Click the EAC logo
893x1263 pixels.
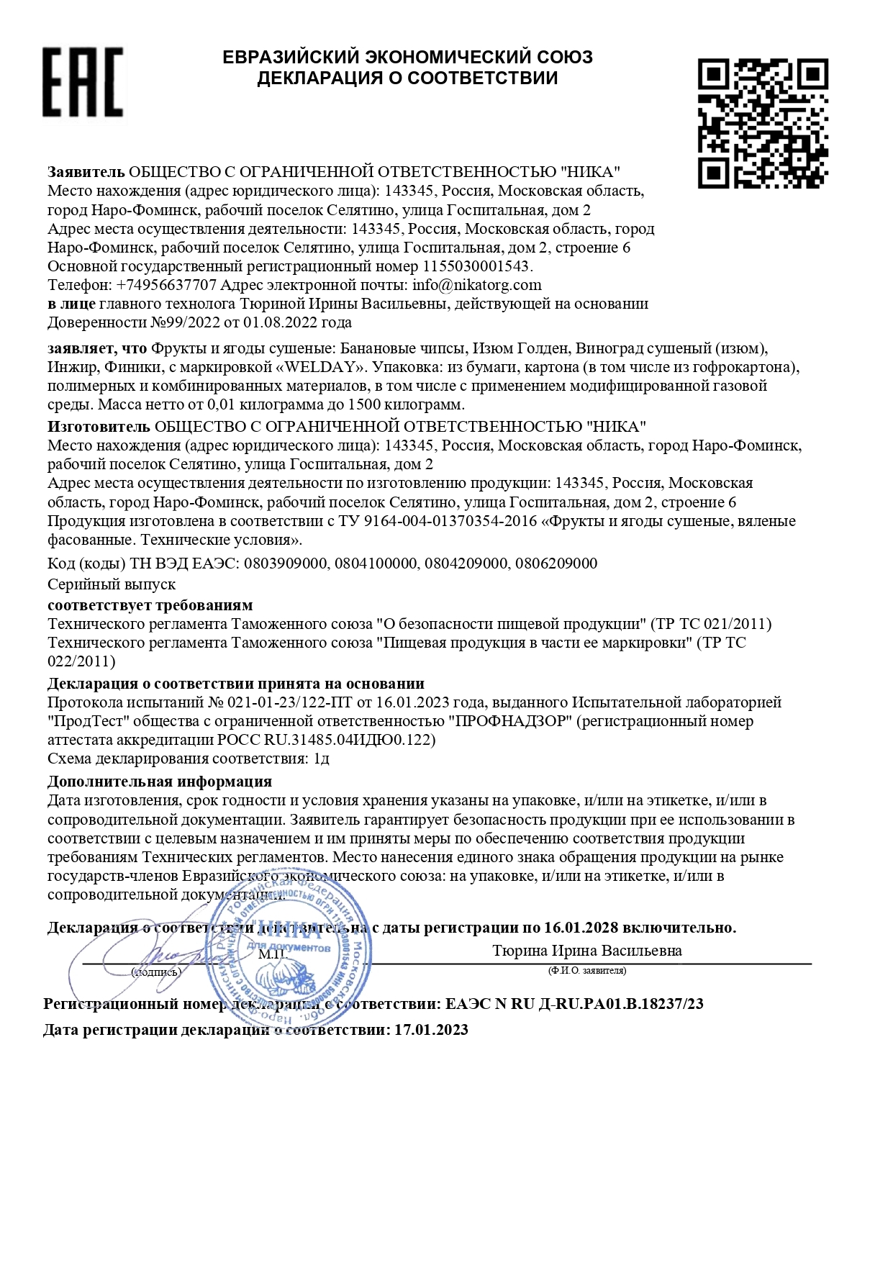click(82, 82)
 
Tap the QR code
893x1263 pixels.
click(762, 123)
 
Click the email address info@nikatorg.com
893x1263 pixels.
click(476, 285)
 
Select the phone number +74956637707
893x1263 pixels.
click(166, 285)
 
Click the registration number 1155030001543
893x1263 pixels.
click(476, 266)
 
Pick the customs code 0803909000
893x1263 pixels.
click(285, 563)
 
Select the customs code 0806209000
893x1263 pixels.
click(556, 563)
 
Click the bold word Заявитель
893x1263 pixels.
click(86, 172)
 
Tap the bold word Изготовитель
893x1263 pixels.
click(99, 427)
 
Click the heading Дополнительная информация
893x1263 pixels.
click(159, 782)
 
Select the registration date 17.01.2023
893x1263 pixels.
click(431, 1030)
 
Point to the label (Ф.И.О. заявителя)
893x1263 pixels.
click(586, 971)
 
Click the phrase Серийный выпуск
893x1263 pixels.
click(112, 584)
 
